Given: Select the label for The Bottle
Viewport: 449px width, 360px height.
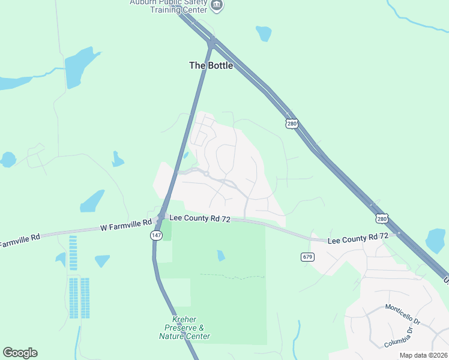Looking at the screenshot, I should tap(211, 65).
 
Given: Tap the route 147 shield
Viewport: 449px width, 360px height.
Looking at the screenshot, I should tap(155, 236).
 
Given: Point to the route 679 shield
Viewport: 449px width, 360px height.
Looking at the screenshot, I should tap(308, 257).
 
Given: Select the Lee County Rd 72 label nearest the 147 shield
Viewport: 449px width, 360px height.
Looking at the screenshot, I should tap(200, 220).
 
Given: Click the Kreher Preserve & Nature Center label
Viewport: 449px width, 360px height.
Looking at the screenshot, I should tap(185, 328).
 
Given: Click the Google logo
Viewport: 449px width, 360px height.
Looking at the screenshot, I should tap(20, 353).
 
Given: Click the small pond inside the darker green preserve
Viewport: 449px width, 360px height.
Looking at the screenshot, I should tap(221, 256).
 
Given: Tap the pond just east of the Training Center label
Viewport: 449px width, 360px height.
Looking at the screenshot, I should tap(264, 33).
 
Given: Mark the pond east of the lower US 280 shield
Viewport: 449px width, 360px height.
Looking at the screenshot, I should tap(435, 241).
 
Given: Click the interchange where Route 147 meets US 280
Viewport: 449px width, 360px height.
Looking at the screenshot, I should tap(211, 43).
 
